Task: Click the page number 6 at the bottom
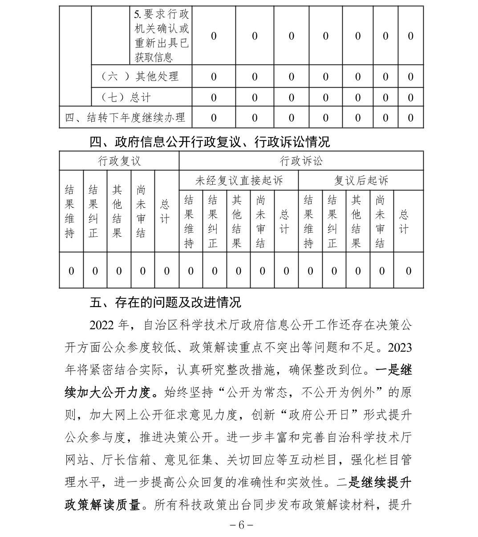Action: click(241, 525)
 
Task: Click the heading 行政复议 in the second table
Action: click(119, 161)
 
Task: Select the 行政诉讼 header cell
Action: click(301, 161)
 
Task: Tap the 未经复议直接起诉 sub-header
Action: click(239, 181)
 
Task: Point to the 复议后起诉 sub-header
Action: click(361, 181)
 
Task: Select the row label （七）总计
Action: click(126, 97)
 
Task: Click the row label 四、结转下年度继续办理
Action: click(125, 118)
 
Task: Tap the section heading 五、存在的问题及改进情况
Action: click(165, 303)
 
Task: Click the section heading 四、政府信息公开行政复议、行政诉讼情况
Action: click(210, 142)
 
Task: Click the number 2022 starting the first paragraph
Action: click(102, 325)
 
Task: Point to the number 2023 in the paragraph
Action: click(399, 347)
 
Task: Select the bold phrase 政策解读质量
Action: click(103, 505)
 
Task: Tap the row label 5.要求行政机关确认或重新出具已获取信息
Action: click(162, 36)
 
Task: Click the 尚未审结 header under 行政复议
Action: click(141, 211)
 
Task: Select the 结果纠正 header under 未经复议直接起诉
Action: click(213, 222)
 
